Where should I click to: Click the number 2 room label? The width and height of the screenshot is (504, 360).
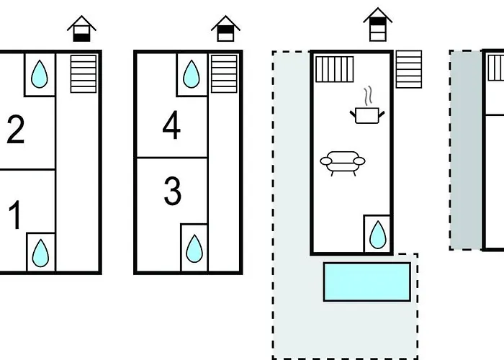pyautogui.click(x=15, y=129)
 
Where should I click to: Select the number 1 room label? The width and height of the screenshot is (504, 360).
pyautogui.click(x=15, y=215)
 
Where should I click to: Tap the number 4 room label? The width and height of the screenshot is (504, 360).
pyautogui.click(x=171, y=125)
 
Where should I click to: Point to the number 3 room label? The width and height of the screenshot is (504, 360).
pyautogui.click(x=173, y=191)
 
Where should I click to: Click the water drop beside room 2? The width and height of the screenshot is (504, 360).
pyautogui.click(x=39, y=74)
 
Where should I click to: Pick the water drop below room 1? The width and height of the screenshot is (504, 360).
pyautogui.click(x=40, y=253)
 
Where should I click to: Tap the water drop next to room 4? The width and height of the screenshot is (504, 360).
pyautogui.click(x=192, y=74)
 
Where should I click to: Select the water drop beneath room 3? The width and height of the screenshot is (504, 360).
pyautogui.click(x=194, y=248)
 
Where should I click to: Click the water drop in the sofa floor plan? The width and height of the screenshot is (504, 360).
pyautogui.click(x=378, y=235)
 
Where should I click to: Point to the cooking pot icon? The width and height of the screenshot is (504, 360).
pyautogui.click(x=367, y=115)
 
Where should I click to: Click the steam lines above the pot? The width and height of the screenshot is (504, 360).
pyautogui.click(x=369, y=96)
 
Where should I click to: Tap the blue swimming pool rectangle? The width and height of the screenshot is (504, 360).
pyautogui.click(x=367, y=282)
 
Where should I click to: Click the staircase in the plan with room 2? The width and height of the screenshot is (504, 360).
pyautogui.click(x=84, y=74)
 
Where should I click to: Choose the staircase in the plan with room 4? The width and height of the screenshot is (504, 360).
pyautogui.click(x=224, y=74)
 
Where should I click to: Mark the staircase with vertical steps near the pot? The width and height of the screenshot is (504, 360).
pyautogui.click(x=335, y=69)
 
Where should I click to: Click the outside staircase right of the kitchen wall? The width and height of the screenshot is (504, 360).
pyautogui.click(x=409, y=69)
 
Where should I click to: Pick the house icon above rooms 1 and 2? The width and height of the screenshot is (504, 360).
pyautogui.click(x=81, y=29)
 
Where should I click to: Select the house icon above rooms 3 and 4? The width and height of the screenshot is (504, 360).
pyautogui.click(x=225, y=29)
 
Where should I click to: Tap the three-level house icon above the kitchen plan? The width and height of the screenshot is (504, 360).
pyautogui.click(x=378, y=24)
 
